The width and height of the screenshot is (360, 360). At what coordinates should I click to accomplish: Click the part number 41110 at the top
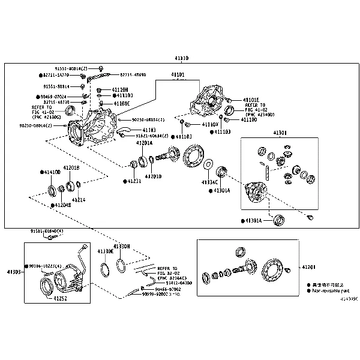coord(181,58)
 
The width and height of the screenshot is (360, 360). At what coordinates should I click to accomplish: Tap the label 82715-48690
coord(133,74)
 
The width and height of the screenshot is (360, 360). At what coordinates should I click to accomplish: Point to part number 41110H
coord(121,89)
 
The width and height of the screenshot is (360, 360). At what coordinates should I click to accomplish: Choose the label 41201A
coord(143,143)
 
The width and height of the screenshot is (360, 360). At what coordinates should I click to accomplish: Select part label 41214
coord(79,200)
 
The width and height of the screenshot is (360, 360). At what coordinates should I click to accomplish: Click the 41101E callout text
coord(251,100)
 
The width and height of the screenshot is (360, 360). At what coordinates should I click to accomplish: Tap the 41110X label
coord(210,124)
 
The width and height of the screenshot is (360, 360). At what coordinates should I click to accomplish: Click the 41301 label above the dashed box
coord(280,133)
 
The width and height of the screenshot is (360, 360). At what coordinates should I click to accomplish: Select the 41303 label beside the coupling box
coord(13,272)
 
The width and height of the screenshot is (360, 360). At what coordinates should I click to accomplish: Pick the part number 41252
coord(60,297)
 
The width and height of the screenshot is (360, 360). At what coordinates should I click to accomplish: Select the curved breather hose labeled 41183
coord(124,128)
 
